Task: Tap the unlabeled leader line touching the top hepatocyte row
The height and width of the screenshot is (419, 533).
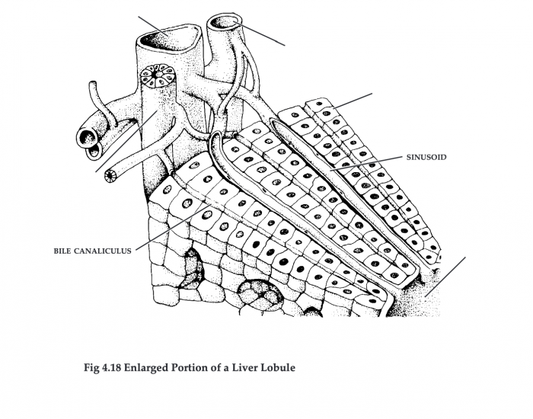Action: click(354, 102)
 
